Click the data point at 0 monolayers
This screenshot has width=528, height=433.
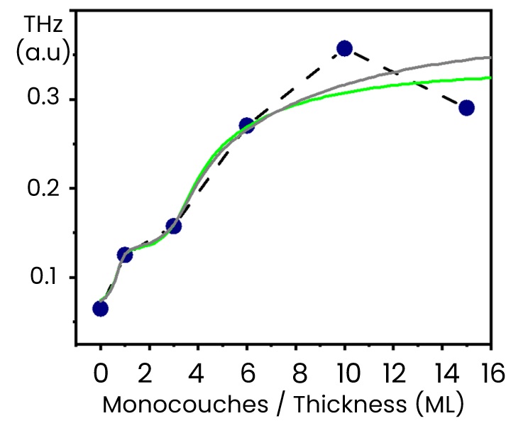100,308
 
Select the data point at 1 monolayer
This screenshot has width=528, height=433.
125,254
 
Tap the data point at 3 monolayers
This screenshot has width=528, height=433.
173,226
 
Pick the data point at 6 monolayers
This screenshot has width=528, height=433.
246,126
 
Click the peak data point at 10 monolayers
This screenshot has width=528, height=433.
345,48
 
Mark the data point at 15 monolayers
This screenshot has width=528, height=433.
466,108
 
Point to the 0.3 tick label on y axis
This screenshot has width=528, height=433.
45,99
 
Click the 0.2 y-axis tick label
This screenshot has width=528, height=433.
45,188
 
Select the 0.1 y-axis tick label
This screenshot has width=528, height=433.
45,277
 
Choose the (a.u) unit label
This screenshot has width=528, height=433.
43,55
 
